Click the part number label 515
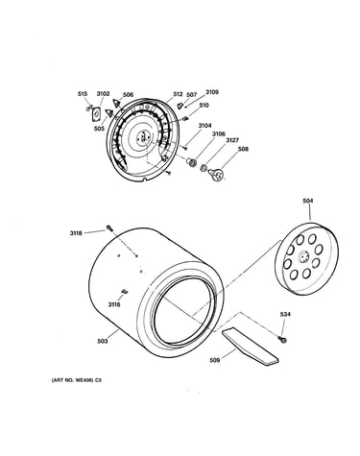[83, 94]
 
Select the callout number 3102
[103, 94]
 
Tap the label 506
[128, 95]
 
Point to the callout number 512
[178, 94]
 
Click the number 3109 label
[212, 92]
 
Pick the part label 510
[204, 106]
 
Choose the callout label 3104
[204, 126]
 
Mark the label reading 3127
[232, 140]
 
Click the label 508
[243, 149]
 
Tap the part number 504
[308, 201]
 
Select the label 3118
[76, 233]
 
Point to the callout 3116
[114, 304]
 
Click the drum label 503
[103, 341]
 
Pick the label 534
[285, 315]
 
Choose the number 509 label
[214, 360]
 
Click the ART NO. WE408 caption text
[77, 380]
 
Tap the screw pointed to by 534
[282, 339]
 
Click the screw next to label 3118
[109, 228]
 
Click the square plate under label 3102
[96, 114]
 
